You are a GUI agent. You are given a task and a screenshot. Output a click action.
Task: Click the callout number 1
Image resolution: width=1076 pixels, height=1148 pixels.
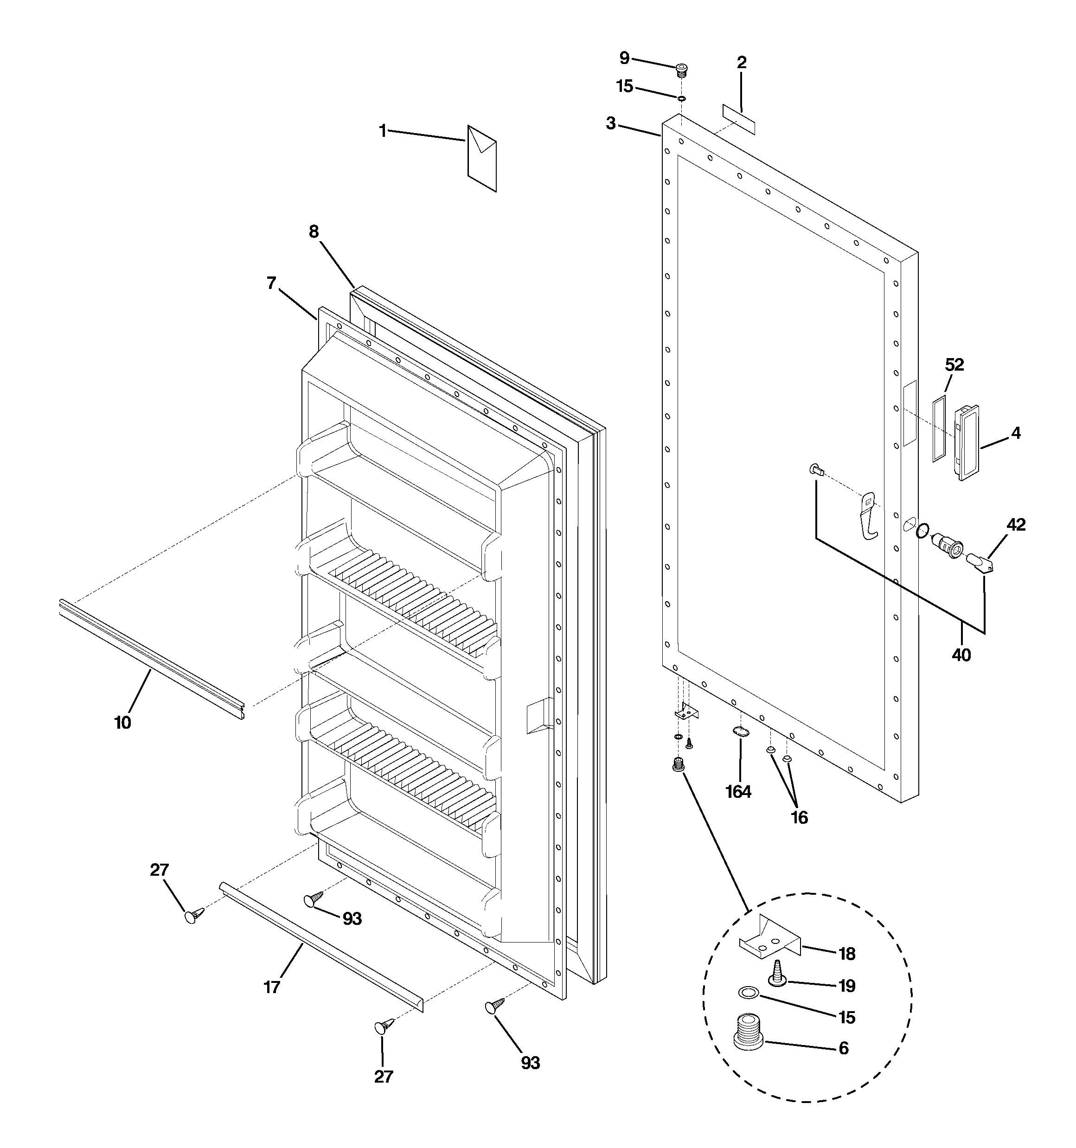[x=382, y=131]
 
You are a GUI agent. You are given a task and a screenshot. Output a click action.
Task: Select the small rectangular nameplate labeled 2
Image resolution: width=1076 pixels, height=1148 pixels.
[x=739, y=120]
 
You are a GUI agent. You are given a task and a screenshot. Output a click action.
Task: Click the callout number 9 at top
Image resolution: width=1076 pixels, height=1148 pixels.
[x=624, y=58]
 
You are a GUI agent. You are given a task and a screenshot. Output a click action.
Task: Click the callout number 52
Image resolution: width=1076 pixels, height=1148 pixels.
[x=954, y=365]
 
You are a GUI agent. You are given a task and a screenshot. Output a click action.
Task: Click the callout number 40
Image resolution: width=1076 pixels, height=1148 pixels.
[x=961, y=655]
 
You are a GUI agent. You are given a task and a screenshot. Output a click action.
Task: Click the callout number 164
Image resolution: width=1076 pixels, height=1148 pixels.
[x=738, y=792]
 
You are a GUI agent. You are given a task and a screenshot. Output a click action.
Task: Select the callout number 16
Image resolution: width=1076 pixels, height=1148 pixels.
[x=799, y=817]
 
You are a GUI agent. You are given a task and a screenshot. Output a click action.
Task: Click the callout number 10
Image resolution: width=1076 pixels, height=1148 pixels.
[x=123, y=722]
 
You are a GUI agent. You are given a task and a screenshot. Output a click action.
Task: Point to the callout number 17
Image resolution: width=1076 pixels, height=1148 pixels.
[x=272, y=987]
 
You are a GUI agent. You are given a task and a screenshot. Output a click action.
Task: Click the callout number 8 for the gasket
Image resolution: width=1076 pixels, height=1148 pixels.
[x=314, y=232]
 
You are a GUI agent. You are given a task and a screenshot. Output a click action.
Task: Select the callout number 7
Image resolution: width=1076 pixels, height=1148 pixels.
[x=271, y=283]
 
